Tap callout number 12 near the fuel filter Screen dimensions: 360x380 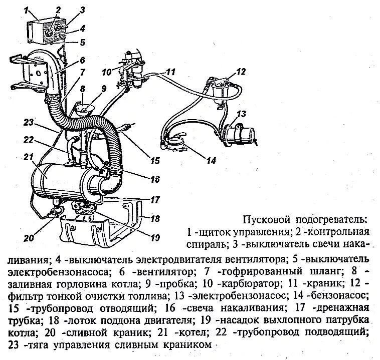coord(241,72)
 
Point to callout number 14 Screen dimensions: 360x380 coord(211,161)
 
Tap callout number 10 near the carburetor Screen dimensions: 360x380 coord(106,72)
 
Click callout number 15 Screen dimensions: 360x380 coord(154,161)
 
